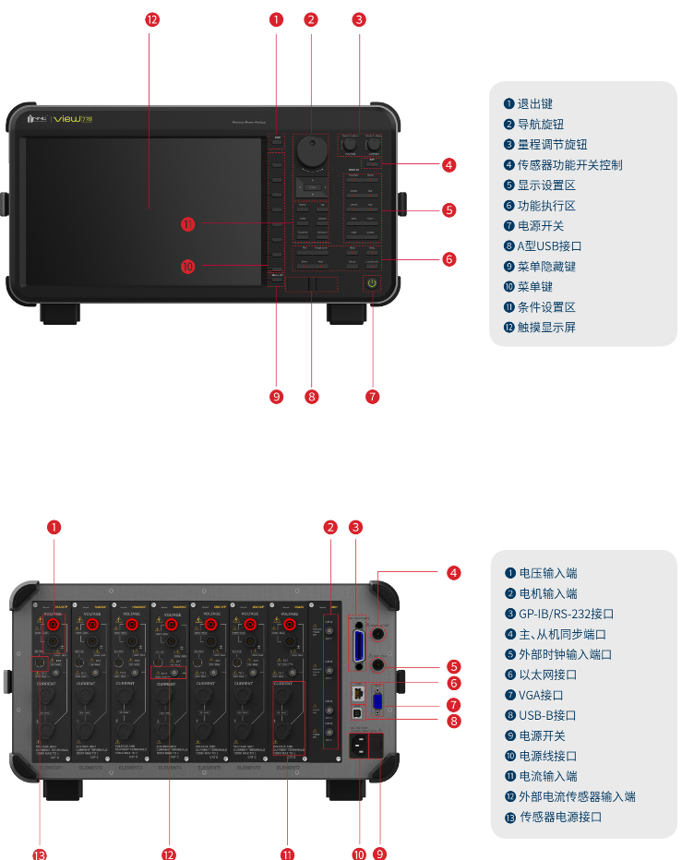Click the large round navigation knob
pyautogui.click(x=311, y=151)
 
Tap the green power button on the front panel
pyautogui.click(x=372, y=282)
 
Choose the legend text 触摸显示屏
pyautogui.click(x=545, y=328)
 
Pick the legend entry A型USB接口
pyautogui.click(x=549, y=246)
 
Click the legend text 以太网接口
pyautogui.click(x=547, y=675)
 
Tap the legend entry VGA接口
pyautogui.click(x=541, y=695)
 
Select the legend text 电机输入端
pyautogui.click(x=547, y=593)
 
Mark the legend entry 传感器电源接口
pyautogui.click(x=561, y=817)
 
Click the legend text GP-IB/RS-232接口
pyautogui.click(x=566, y=614)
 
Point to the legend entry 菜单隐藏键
pyautogui.click(x=546, y=267)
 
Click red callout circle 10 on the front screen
pyautogui.click(x=188, y=267)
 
